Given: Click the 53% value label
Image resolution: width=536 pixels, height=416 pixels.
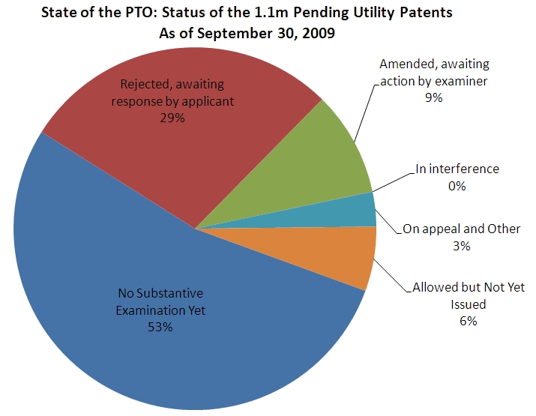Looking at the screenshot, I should point(160,327).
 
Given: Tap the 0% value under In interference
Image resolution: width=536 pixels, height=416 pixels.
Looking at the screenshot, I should point(457,186).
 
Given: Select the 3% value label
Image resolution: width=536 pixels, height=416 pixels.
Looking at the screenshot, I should point(461,246).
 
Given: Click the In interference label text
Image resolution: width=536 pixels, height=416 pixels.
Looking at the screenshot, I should point(457,169).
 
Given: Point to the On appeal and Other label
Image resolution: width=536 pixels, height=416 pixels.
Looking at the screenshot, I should point(461,229).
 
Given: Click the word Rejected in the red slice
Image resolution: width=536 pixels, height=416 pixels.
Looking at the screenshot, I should point(145,85).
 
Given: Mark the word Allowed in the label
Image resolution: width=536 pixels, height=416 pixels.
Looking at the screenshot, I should point(435,287).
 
